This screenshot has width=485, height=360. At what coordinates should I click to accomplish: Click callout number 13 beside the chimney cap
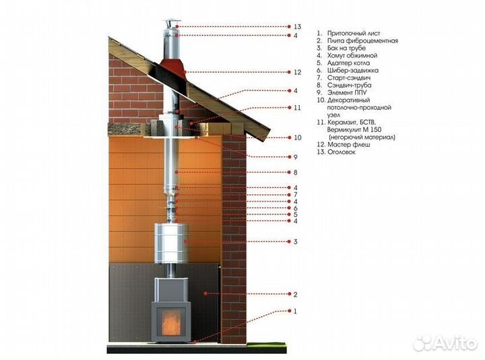298,26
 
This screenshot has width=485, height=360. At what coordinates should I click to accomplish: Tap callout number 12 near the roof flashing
297,72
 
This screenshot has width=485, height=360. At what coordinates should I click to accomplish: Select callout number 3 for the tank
296,241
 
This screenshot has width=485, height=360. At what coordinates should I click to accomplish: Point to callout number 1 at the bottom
295,311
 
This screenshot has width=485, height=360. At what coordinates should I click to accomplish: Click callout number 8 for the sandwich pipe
296,172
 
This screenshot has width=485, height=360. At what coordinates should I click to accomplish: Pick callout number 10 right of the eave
297,138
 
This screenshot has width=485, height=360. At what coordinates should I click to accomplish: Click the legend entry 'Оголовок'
341,152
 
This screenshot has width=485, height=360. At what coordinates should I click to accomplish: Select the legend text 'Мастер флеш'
349,144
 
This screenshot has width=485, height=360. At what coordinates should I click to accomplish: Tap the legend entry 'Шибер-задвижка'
352,70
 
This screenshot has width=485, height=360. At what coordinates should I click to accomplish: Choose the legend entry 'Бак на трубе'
346,48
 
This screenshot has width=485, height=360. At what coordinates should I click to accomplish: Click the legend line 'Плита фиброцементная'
362,40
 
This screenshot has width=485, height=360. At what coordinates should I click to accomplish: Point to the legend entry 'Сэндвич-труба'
349,85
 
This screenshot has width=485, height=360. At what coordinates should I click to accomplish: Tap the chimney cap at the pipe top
170,24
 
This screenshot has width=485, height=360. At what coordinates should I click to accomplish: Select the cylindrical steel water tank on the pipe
172,243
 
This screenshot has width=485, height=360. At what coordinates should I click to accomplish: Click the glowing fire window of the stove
170,324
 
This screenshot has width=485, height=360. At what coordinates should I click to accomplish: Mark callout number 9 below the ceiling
296,157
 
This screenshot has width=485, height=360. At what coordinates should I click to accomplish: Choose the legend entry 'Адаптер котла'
348,63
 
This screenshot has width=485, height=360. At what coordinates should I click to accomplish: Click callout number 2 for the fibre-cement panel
296,295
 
